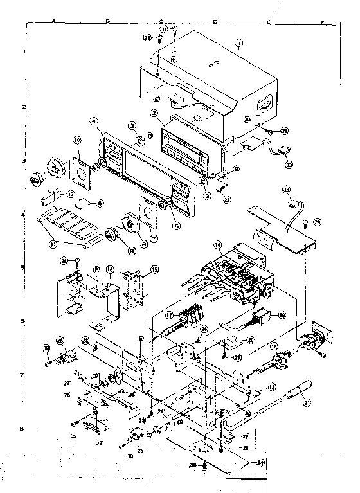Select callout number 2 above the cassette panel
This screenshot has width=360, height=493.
[154, 114]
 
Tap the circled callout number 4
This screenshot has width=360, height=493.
[94, 121]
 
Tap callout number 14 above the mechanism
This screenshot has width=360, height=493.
[218, 244]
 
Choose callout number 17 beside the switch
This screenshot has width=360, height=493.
[168, 316]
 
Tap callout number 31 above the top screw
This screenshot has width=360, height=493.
[165, 30]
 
